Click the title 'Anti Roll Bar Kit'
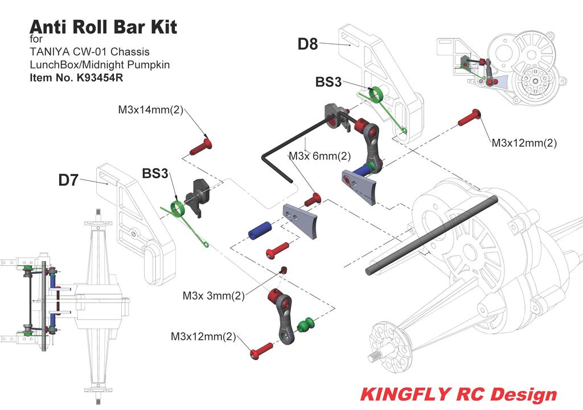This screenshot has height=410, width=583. (x=103, y=27)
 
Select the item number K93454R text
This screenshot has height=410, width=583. (x=76, y=78)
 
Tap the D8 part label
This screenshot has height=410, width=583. (x=307, y=44)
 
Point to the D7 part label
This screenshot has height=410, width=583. (x=68, y=180)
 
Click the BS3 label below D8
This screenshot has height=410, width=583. (x=329, y=82)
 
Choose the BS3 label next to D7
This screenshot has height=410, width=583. (x=155, y=173)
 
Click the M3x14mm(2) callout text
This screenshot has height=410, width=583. (x=150, y=110)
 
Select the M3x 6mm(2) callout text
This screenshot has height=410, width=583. (x=319, y=156)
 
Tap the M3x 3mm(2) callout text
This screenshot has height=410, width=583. (x=214, y=296)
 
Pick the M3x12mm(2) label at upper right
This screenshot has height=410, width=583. (x=524, y=143)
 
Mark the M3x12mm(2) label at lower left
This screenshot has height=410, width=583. (x=203, y=337)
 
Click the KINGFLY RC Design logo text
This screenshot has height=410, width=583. (x=459, y=394)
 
